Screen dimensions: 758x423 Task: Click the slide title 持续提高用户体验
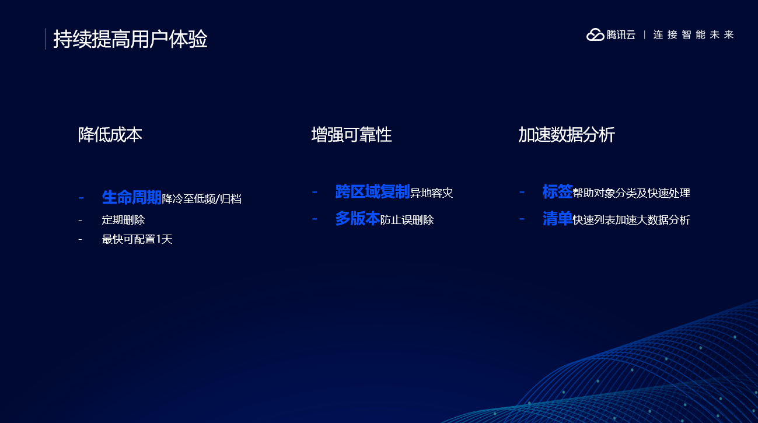point(130,39)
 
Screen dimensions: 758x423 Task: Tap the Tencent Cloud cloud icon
point(595,34)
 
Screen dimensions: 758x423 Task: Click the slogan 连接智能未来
point(693,34)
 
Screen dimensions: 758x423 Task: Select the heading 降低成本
point(110,135)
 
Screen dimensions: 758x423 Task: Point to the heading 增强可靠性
point(352,135)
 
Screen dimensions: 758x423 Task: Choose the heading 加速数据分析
point(567,135)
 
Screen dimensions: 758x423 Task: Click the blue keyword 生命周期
point(132,197)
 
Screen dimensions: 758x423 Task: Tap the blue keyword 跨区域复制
point(372,191)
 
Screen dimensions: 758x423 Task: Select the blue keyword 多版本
point(358,219)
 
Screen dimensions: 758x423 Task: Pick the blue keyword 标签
point(557,191)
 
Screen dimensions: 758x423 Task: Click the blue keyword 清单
point(557,219)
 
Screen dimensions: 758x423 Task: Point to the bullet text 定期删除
point(123,220)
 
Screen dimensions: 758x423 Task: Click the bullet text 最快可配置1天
point(137,239)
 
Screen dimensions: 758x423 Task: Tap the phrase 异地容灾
point(431,193)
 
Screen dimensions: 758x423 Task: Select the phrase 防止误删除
point(407,220)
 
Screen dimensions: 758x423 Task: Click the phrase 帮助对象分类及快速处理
point(631,193)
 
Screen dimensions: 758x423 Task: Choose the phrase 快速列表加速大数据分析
point(631,220)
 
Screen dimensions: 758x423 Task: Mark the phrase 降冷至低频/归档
point(202,198)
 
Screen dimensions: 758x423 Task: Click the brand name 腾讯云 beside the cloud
point(621,34)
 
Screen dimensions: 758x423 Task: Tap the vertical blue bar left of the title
point(45,39)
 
